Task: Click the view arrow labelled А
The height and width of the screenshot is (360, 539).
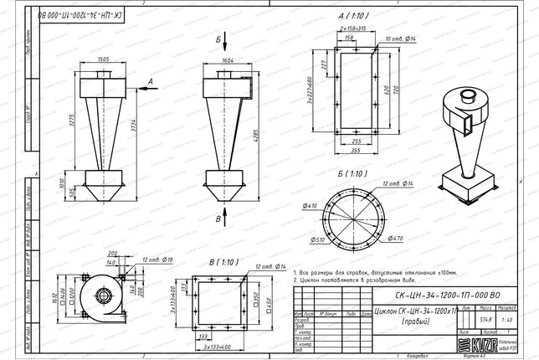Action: [x=143, y=81]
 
